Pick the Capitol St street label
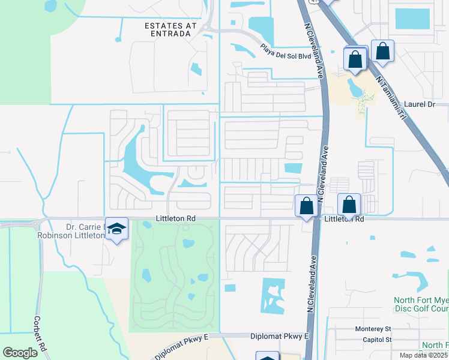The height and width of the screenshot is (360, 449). click(376, 339)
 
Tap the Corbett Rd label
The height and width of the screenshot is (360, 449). click(39, 334)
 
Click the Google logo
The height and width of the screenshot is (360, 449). click(20, 353)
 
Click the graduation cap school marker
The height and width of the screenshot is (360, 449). click(117, 228)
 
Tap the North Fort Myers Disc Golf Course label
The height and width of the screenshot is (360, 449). click(421, 304)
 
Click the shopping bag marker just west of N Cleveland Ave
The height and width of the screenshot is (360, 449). click(306, 206)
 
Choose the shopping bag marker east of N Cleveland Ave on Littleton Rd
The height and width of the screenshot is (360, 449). click(349, 205)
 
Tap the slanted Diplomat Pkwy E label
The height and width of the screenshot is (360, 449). click(181, 347)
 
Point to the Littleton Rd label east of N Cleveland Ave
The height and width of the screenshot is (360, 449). click(345, 220)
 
